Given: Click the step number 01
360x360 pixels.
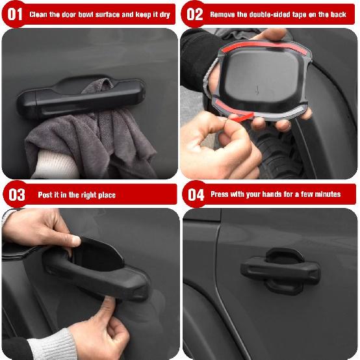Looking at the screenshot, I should point(14,14).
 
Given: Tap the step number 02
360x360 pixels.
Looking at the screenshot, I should point(194,14).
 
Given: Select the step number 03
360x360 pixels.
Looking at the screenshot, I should point(16,194).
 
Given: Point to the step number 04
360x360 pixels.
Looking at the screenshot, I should point(196,194).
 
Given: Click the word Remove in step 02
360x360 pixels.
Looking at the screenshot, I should point(224,14).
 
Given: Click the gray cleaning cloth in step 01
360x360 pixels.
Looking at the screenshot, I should point(97,140).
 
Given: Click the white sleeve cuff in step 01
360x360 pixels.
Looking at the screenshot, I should point(49,162).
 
